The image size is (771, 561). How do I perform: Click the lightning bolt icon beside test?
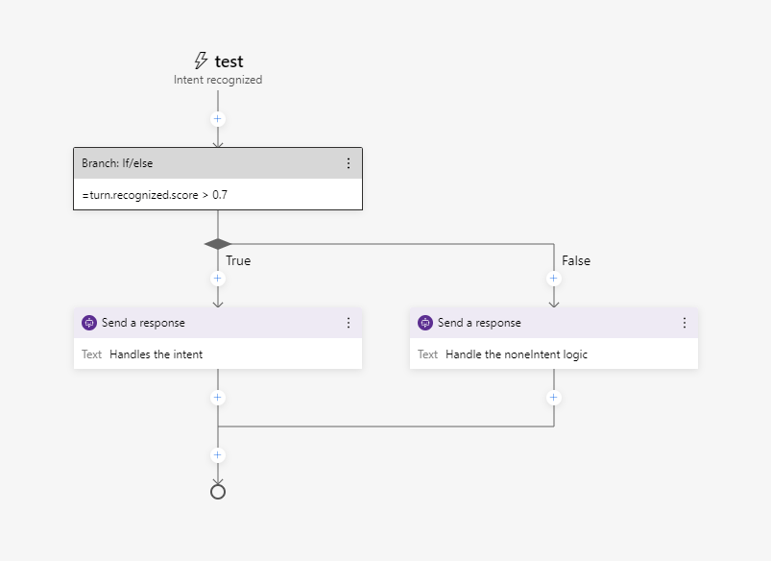(201, 61)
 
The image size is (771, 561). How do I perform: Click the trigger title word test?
(229, 61)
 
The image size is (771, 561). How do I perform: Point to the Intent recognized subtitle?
(218, 80)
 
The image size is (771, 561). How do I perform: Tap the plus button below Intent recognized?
(218, 119)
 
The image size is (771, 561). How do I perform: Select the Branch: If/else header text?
(117, 163)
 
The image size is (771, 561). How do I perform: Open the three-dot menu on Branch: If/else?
(349, 163)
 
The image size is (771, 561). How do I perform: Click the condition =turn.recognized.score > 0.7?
(155, 195)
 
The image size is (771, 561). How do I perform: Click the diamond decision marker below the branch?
(218, 244)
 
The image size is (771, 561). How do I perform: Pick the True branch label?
(238, 260)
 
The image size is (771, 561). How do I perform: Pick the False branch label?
(576, 260)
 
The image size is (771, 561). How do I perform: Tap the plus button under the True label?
(218, 279)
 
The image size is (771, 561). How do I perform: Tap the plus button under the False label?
(553, 279)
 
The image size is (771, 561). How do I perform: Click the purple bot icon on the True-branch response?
(89, 323)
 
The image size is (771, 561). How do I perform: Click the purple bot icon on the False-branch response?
(425, 323)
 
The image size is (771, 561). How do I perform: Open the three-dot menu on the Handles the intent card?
(349, 323)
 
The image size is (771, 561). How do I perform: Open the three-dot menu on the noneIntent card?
(685, 323)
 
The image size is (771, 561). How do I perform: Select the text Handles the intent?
(156, 354)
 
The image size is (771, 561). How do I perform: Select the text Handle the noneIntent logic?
(517, 354)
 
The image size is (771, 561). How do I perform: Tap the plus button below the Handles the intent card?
(218, 398)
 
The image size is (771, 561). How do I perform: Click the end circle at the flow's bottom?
(218, 492)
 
